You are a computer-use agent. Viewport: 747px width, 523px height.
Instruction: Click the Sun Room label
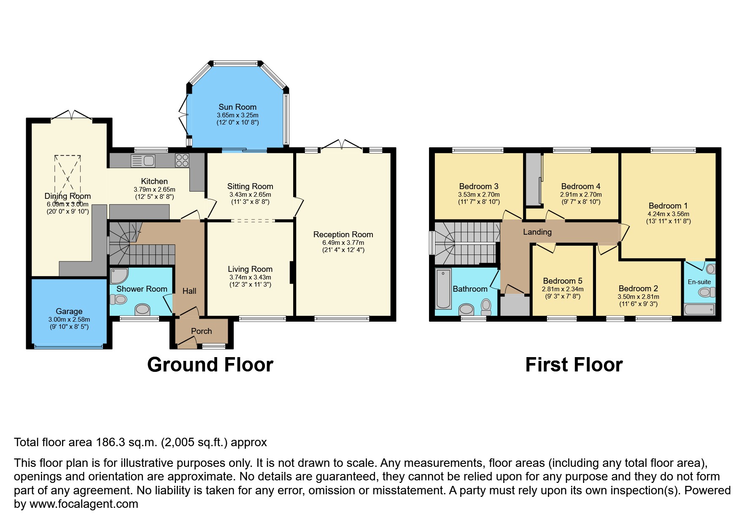237,107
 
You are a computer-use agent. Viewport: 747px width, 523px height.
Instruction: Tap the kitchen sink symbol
143,161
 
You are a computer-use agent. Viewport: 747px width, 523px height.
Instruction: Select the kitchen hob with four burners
182,160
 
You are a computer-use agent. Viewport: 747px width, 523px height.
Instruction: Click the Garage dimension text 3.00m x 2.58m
69,320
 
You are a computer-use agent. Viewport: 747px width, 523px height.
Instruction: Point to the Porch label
201,331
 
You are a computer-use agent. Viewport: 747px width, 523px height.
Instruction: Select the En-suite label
699,282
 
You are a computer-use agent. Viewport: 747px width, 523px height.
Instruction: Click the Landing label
537,232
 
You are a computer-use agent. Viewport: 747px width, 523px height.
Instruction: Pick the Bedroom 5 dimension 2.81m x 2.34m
562,289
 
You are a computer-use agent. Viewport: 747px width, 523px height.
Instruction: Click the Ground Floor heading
210,365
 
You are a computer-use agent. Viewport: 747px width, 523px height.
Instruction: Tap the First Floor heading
574,365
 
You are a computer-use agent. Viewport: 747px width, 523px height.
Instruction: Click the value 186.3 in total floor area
111,442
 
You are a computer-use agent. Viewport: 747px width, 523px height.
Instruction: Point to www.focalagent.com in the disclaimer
84,504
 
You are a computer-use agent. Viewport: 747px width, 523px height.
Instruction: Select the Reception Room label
343,235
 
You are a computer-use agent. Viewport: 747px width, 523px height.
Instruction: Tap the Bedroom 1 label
668,206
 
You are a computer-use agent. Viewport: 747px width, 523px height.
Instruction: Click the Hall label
189,291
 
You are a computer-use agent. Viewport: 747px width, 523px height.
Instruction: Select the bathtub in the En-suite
699,310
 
